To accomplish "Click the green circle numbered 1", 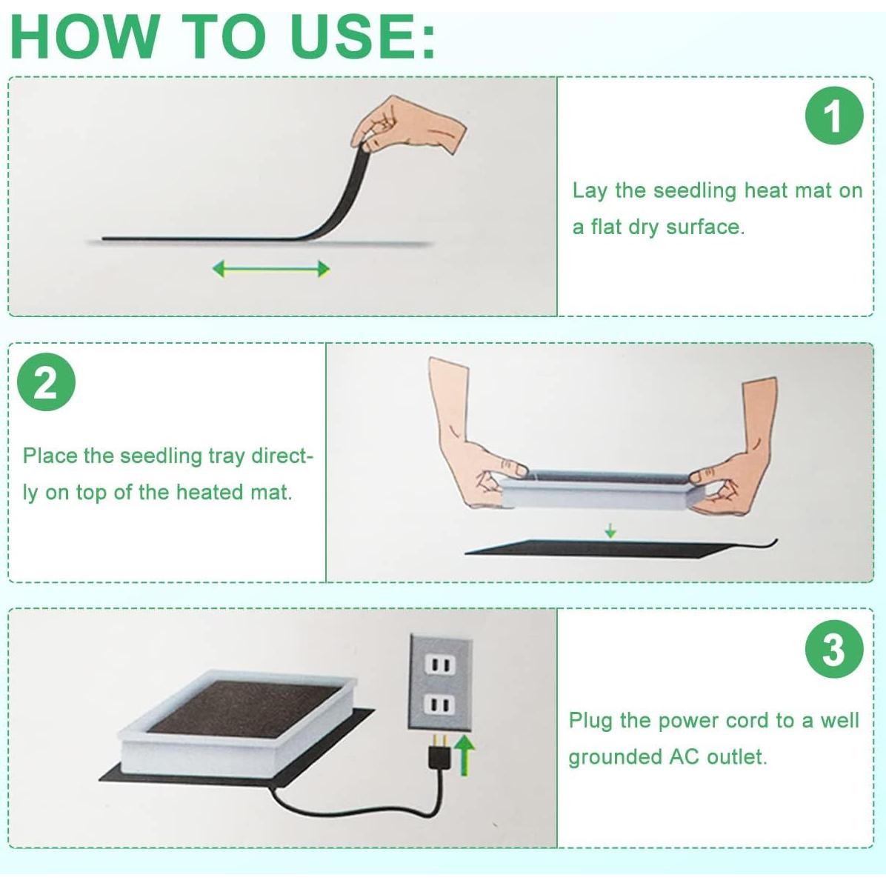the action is point(834,116).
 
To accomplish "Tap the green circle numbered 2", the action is point(46,382).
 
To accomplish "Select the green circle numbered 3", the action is point(834,649).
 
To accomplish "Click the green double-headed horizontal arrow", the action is point(270,269).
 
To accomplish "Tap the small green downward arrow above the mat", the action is point(610,530).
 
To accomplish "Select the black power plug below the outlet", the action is point(438,753).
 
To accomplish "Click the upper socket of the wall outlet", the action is point(439,664).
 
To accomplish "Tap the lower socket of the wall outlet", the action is point(439,705).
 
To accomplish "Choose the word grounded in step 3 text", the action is point(616,757).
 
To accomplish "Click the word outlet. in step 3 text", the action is point(737,756).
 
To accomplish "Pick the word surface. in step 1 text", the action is point(706,227).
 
